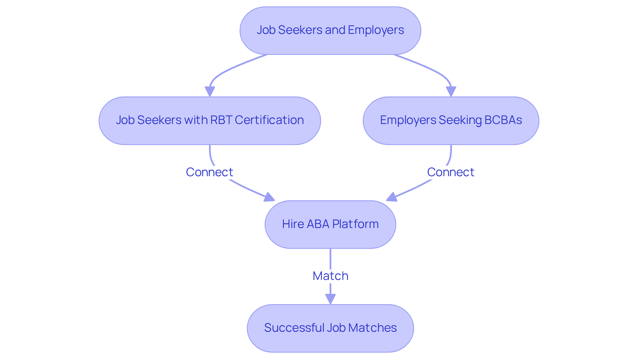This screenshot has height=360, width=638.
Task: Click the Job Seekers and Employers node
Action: pyautogui.click(x=330, y=31)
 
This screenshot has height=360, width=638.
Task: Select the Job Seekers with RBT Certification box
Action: pyautogui.click(x=210, y=121)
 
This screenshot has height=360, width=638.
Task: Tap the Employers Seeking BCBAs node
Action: pyautogui.click(x=451, y=121)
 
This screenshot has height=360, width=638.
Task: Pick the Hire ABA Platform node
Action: pyautogui.click(x=330, y=224)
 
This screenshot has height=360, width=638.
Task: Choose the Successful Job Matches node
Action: pyautogui.click(x=330, y=328)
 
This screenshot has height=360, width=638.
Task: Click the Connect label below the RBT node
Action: pyautogui.click(x=209, y=172)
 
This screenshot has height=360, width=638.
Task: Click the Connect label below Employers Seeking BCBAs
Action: pyautogui.click(x=451, y=172)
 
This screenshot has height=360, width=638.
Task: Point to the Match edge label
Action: pyautogui.click(x=330, y=276)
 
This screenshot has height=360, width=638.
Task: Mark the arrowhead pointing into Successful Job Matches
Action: pyautogui.click(x=330, y=299)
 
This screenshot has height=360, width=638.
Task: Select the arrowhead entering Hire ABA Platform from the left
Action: pyautogui.click(x=269, y=197)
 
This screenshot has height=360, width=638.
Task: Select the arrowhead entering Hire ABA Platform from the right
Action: pyautogui.click(x=391, y=197)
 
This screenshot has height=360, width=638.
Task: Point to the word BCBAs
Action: pyautogui.click(x=503, y=120)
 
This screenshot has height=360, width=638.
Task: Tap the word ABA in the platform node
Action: pyautogui.click(x=318, y=224)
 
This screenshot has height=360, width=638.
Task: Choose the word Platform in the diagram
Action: pyautogui.click(x=355, y=224)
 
